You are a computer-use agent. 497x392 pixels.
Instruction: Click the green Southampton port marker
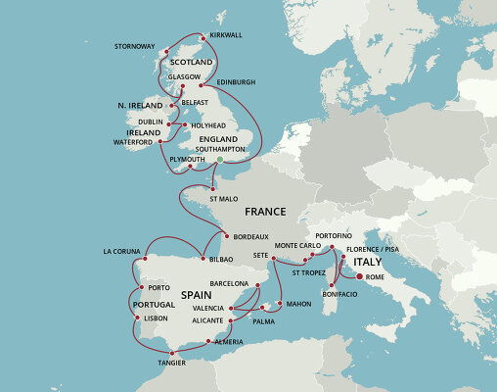220,159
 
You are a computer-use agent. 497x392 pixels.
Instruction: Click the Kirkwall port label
226,34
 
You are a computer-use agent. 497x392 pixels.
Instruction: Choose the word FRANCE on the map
265,212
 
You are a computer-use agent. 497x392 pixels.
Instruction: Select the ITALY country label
367,263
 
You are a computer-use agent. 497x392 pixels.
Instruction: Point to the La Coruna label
123,251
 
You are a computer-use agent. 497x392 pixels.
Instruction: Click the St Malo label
223,199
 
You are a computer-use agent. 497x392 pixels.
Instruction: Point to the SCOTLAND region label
185,62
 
